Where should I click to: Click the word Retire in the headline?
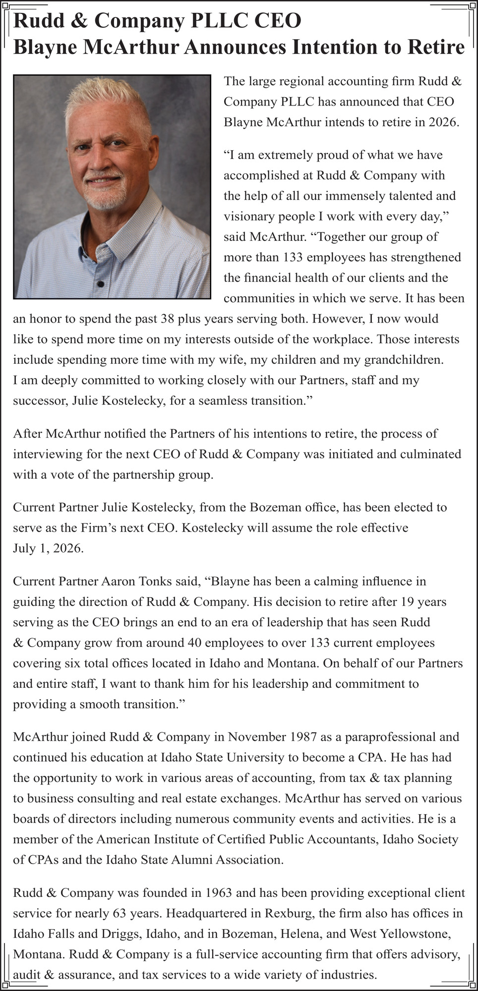(436, 48)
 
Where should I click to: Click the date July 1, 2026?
(49, 549)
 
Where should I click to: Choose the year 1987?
(302, 737)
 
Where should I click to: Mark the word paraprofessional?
(386, 737)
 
